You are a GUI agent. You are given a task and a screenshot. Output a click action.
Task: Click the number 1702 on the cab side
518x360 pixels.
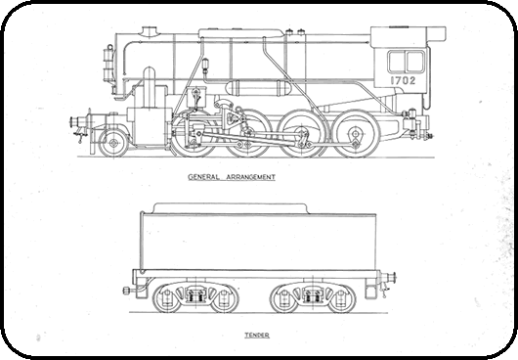click(x=402, y=82)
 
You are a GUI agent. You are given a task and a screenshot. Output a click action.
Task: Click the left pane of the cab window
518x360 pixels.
click(x=397, y=62)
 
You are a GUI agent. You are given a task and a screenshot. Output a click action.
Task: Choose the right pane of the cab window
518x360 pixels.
click(x=414, y=62)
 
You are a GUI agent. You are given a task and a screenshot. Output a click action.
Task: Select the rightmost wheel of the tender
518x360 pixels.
click(x=340, y=297)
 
